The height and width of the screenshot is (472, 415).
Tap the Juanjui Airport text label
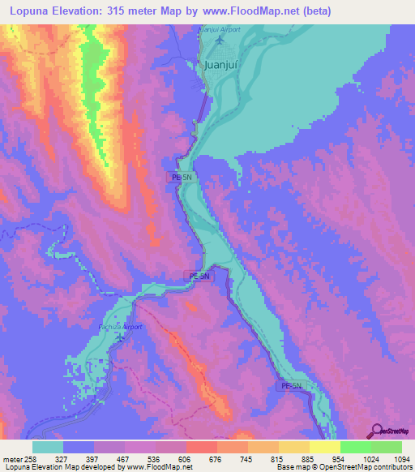point(220,29)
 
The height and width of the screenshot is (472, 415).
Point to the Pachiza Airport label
point(121,327)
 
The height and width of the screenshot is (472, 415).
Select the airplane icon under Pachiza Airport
point(121,337)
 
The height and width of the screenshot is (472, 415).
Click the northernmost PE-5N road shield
point(181,176)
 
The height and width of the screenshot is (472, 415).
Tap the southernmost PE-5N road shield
point(291,385)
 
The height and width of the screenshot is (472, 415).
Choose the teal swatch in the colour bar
point(48,447)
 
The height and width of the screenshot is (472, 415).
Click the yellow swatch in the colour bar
point(324,447)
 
